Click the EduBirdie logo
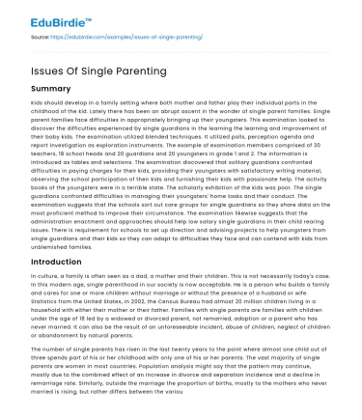(x=44, y=13)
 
